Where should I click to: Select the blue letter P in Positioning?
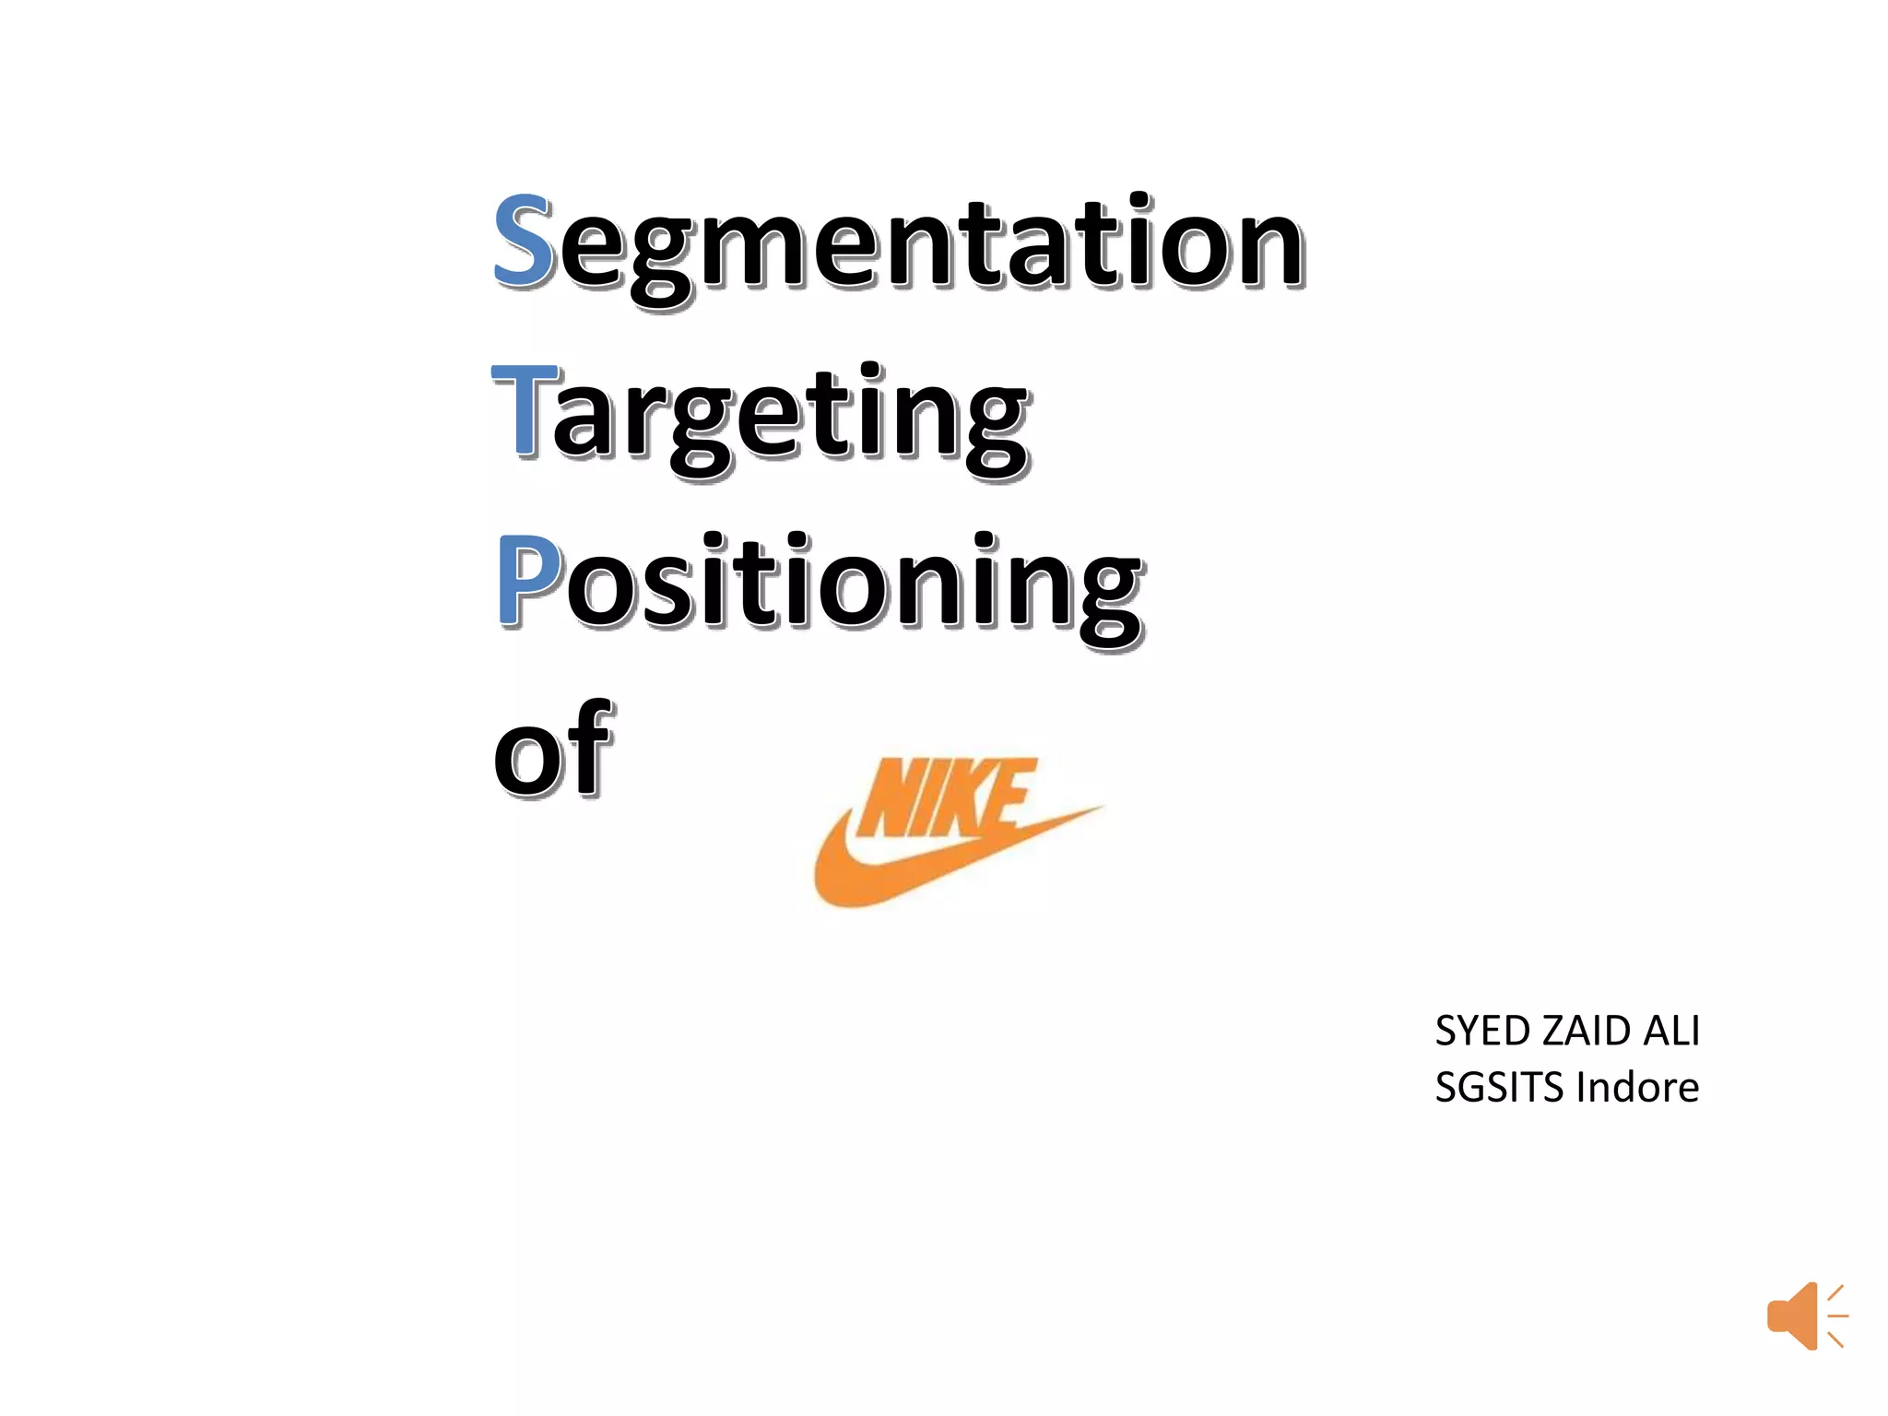click(527, 581)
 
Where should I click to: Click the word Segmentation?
click(899, 244)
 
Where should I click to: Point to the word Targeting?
click(761, 419)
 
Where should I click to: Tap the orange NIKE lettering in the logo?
click(945, 798)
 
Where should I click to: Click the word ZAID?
click(1588, 1032)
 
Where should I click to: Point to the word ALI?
click(1672, 1032)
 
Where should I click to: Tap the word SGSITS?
click(1500, 1088)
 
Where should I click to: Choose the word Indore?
click(1637, 1088)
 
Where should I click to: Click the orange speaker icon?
click(1806, 1316)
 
